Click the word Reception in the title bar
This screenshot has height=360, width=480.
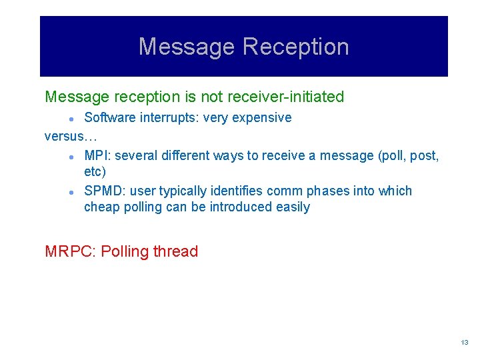click(x=295, y=47)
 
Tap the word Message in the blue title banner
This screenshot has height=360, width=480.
click(x=187, y=47)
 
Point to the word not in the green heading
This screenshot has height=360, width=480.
click(x=212, y=97)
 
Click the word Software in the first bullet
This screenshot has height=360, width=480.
click(x=108, y=118)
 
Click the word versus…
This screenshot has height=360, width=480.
click(x=71, y=137)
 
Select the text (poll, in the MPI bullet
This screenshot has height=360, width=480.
click(x=392, y=156)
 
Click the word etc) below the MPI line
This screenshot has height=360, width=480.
click(x=95, y=172)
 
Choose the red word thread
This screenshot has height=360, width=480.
click(x=175, y=252)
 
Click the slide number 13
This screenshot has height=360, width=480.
click(x=465, y=343)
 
